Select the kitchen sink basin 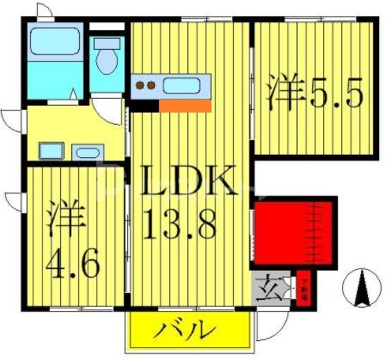(x=182, y=86)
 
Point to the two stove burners (x=145, y=85)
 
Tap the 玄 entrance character (x=262, y=284)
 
